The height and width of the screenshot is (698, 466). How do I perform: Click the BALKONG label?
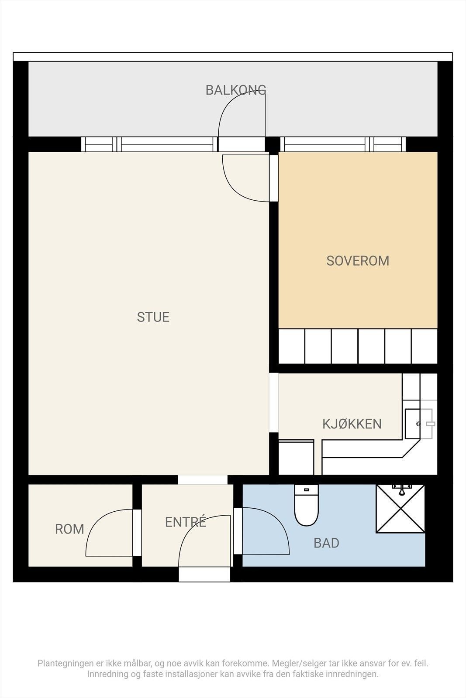236,90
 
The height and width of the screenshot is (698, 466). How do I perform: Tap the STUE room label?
153,317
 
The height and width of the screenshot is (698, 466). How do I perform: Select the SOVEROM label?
358,261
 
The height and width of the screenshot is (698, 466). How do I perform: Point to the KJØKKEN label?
352,424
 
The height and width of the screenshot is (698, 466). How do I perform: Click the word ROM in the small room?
69,529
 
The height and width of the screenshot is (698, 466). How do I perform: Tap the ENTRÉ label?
185,522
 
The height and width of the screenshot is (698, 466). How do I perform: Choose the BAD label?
326,543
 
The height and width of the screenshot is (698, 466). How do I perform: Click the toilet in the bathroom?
307,506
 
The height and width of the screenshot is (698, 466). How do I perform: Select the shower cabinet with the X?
400,509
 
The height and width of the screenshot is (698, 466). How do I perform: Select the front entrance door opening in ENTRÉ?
204,574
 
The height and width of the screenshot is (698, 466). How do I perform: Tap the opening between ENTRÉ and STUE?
203,479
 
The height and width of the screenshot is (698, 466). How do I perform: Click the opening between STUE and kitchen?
274,402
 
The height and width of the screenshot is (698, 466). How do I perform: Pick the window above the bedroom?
343,144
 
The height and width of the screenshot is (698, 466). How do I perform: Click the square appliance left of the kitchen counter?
296,458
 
